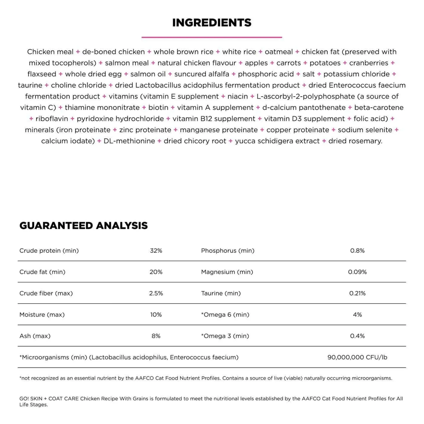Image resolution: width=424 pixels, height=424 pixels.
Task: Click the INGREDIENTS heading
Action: click(212, 23)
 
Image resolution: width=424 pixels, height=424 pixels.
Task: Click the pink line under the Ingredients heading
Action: click(212, 37)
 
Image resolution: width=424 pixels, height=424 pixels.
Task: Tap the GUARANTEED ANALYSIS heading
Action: click(84, 226)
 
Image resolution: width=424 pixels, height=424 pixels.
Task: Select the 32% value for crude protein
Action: click(156, 251)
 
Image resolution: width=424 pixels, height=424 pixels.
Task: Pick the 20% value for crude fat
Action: click(156, 272)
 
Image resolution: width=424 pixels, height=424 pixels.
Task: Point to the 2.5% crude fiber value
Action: click(156, 293)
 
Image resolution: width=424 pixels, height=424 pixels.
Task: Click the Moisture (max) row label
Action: click(42, 315)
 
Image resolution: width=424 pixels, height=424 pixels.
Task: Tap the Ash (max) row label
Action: click(35, 336)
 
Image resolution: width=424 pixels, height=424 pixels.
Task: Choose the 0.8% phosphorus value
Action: click(357, 251)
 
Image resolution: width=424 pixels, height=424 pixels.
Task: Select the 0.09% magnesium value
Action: click(357, 272)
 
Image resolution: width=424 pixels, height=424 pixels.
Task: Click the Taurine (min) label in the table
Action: click(221, 293)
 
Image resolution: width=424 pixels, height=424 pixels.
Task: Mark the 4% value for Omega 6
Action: click(357, 315)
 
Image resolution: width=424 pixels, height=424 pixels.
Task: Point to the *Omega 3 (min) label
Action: click(225, 336)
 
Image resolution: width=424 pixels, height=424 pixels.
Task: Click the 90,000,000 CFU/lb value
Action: click(357, 357)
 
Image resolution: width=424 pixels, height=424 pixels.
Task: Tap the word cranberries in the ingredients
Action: click(369, 63)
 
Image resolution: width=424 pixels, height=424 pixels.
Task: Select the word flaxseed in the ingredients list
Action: click(42, 74)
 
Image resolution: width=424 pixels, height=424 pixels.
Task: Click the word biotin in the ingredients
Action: click(158, 107)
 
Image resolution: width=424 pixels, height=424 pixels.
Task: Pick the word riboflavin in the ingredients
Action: click(52, 119)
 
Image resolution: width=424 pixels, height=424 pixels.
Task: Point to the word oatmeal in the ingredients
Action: click(279, 52)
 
